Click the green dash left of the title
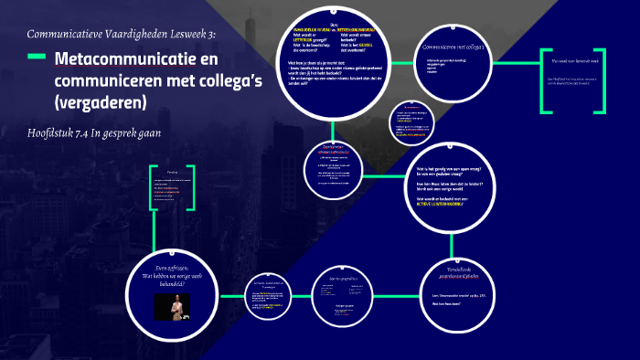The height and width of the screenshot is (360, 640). pos(37,58)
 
